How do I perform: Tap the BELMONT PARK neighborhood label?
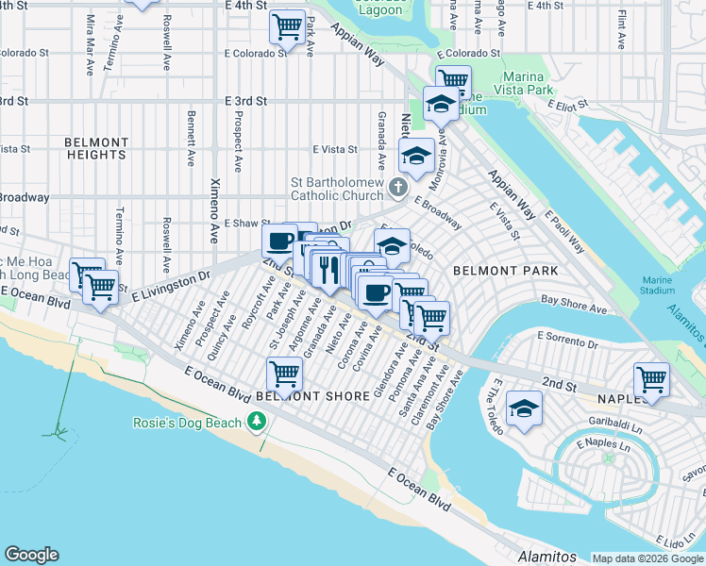505,271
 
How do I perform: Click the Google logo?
31,555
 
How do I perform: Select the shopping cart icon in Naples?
651,378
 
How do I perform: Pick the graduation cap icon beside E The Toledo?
524,409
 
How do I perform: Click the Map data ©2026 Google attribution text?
647,558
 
